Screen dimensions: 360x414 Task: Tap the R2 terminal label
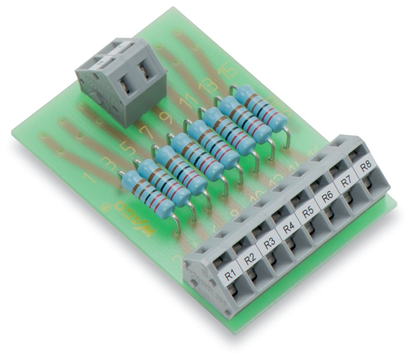point(250,259)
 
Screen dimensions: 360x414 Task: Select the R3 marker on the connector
point(269,244)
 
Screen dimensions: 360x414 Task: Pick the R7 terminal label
point(347,182)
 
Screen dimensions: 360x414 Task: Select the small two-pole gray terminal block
point(121,81)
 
